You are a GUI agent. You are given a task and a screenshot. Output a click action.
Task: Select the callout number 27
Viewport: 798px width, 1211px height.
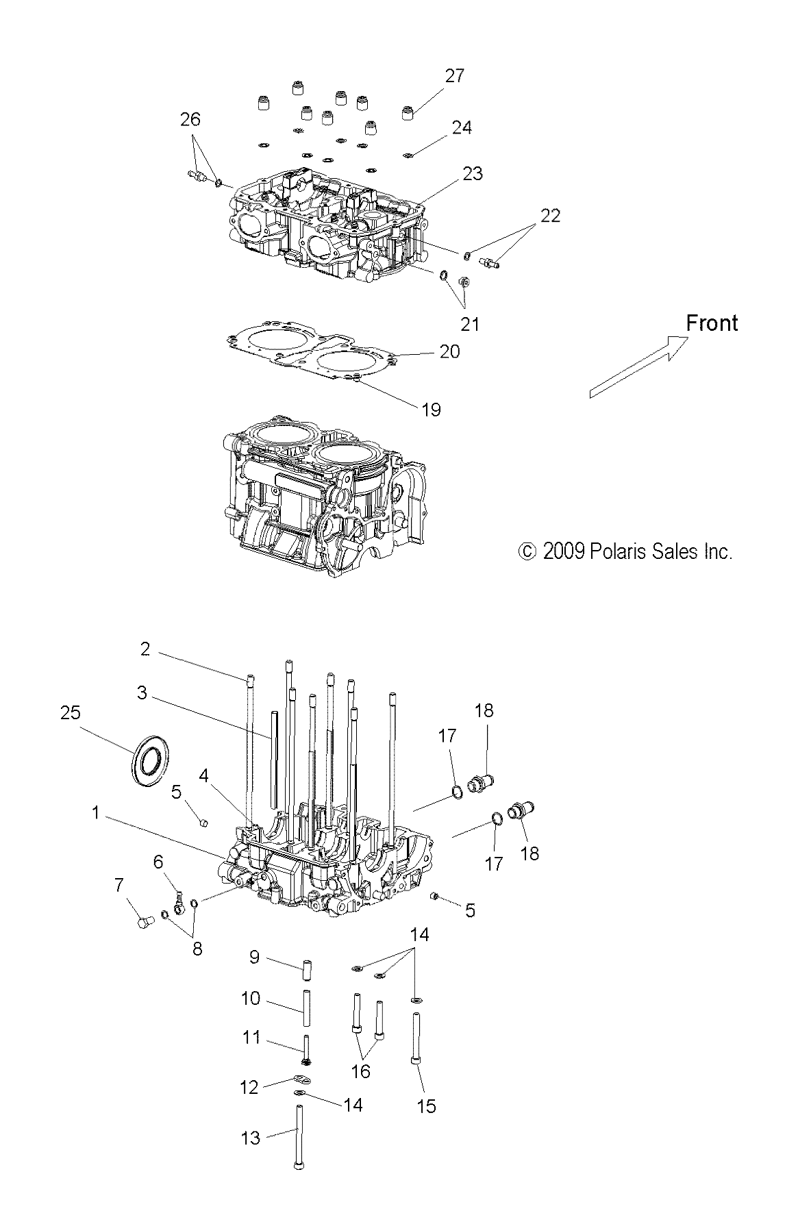454,76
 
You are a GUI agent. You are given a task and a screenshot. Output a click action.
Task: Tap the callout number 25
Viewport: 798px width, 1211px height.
70,713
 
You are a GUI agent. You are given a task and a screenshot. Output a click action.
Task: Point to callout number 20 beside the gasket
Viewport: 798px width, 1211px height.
449,351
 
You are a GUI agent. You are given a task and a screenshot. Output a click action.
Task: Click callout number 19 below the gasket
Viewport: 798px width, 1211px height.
431,410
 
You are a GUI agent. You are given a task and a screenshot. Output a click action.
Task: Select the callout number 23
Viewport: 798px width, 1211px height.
473,174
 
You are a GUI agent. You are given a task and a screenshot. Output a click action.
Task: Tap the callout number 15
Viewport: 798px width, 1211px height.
426,1106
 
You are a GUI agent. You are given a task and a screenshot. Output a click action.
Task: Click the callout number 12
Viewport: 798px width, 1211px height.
249,1087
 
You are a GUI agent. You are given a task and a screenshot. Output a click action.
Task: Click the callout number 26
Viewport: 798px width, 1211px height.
190,119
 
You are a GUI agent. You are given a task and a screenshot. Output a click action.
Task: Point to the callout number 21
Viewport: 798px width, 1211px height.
469,323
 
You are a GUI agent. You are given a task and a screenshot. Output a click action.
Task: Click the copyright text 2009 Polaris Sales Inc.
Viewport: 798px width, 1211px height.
626,551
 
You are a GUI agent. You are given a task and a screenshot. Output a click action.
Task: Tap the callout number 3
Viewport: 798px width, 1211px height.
142,692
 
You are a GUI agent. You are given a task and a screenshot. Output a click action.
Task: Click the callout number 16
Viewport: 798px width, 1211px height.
360,1071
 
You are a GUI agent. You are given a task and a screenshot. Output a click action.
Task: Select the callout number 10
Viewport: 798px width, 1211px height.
251,999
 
